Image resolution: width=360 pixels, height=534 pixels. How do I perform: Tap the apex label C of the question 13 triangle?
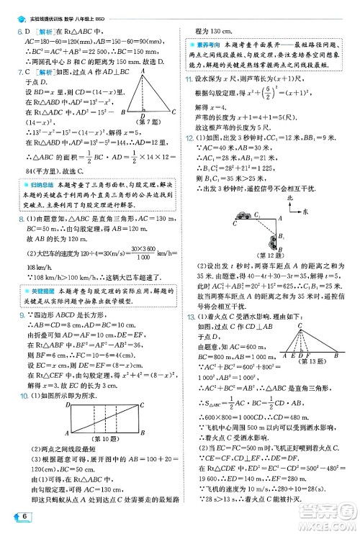[299, 325]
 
